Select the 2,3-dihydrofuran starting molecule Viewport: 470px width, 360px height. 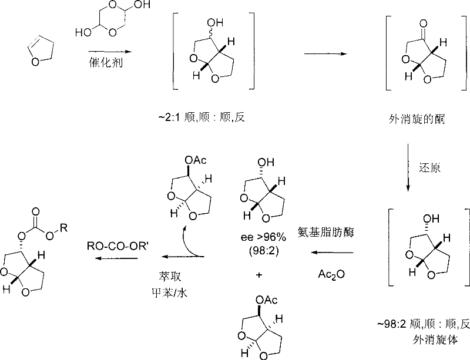pos(36,51)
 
